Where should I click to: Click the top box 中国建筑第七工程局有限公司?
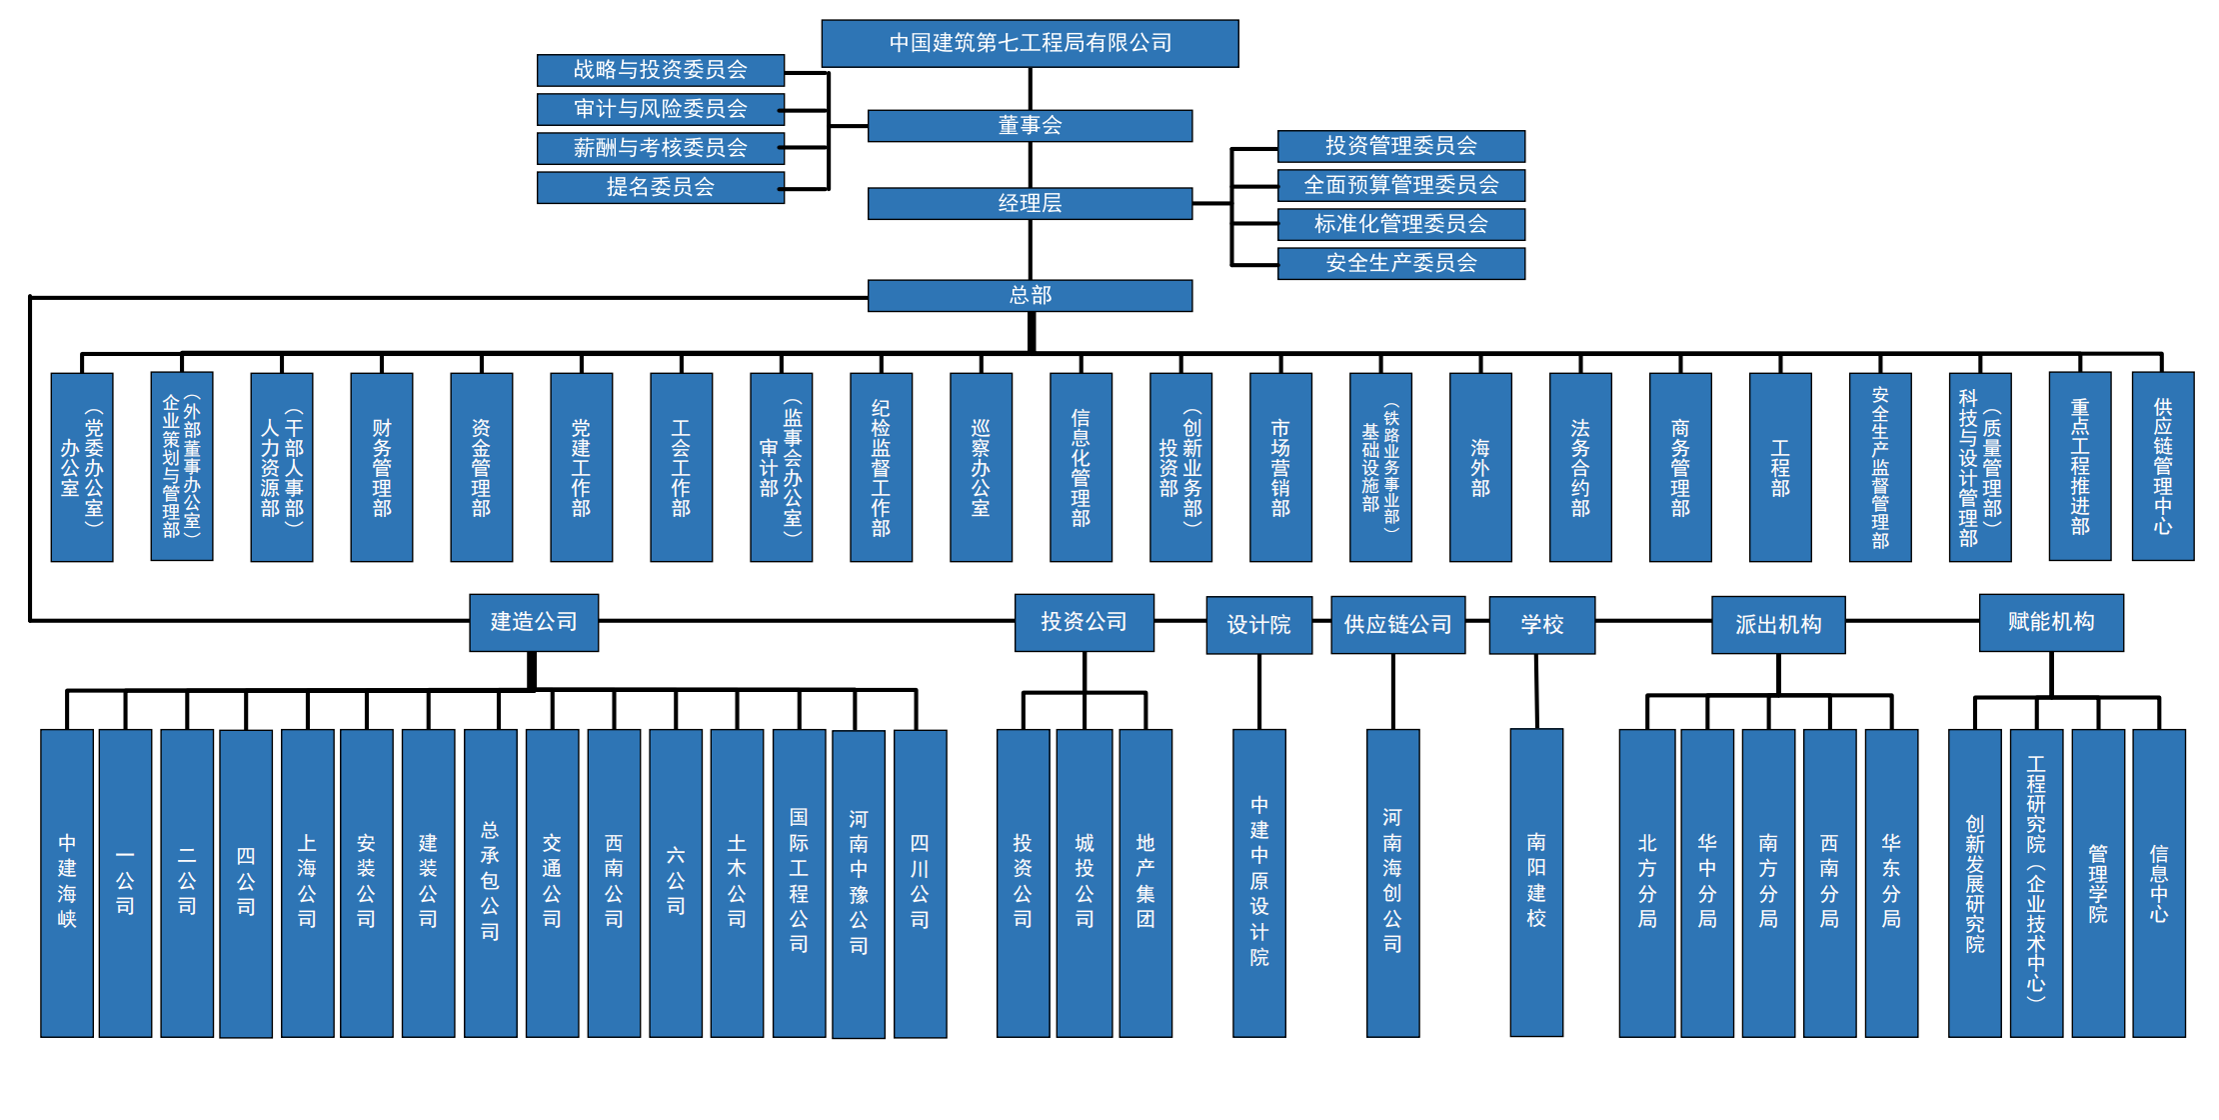(x=1030, y=43)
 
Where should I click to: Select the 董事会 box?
(x=1030, y=126)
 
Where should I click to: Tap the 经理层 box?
(x=1030, y=203)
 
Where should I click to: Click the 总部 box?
(x=1030, y=295)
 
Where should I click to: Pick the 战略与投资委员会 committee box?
(x=660, y=70)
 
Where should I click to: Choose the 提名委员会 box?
(x=660, y=187)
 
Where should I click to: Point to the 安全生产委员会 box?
(x=1400, y=263)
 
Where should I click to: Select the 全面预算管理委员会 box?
(x=1400, y=185)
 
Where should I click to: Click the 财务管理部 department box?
(x=381, y=467)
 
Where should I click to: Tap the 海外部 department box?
(x=1480, y=467)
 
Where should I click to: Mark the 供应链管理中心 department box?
(x=2162, y=466)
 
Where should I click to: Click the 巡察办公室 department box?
(x=981, y=467)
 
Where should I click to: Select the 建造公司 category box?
(x=534, y=622)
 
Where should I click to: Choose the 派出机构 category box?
(x=1778, y=625)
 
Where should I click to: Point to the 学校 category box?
(x=1541, y=625)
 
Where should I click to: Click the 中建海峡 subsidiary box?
(x=67, y=882)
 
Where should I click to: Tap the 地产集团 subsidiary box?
(x=1145, y=882)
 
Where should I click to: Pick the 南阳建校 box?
(x=1536, y=882)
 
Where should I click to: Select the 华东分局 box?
(x=1891, y=882)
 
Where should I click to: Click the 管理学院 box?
(x=2097, y=882)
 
